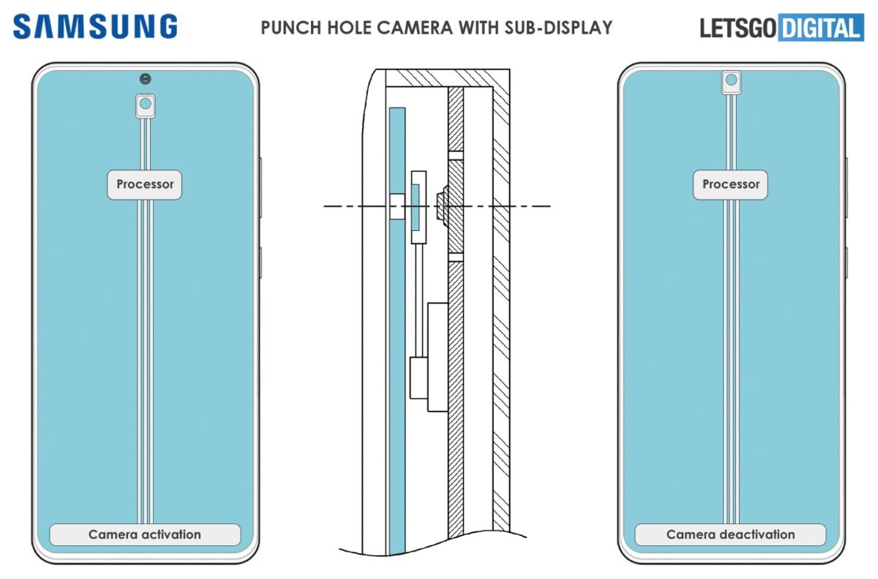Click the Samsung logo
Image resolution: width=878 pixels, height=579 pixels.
click(95, 27)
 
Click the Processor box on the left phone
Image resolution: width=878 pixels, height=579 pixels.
click(145, 184)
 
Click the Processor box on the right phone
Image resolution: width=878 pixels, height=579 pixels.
click(730, 184)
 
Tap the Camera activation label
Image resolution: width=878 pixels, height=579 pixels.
click(145, 534)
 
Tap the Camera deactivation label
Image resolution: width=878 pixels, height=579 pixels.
click(730, 534)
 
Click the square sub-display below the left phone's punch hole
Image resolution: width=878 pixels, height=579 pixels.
click(145, 105)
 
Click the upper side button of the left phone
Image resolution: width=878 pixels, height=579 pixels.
click(260, 186)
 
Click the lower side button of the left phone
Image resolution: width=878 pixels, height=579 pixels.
click(260, 262)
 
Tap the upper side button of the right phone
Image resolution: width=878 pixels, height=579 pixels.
click(846, 186)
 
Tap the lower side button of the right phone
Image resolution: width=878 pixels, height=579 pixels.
click(846, 262)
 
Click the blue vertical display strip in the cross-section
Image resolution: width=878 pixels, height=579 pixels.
click(397, 329)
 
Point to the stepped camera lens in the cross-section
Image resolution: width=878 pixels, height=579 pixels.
click(441, 207)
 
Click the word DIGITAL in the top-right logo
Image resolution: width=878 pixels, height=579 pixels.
click(821, 29)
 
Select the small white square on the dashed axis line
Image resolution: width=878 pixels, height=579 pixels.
click(397, 207)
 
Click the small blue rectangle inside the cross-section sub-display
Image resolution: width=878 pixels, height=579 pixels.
click(416, 207)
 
